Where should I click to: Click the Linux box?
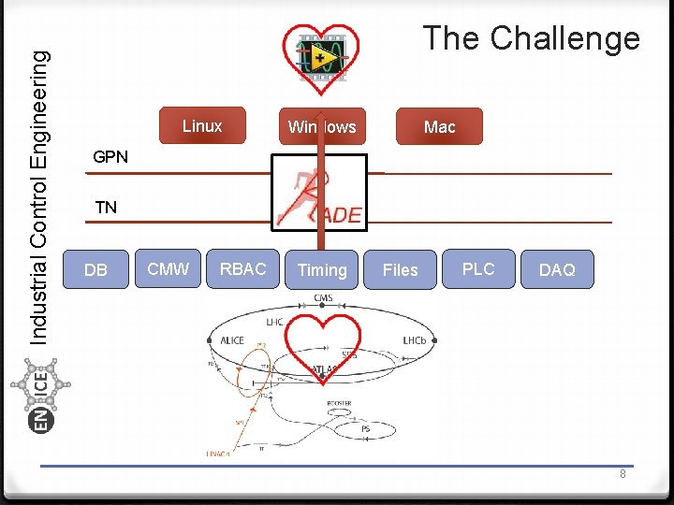pos(202,126)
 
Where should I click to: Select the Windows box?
pos(322,126)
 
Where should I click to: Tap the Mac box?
pos(439,126)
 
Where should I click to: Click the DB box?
pos(95,270)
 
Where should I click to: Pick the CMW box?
pos(168,269)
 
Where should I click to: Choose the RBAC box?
pos(242,269)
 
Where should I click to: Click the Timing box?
pos(322,270)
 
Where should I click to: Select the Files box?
pos(400,270)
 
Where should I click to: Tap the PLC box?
pos(478,269)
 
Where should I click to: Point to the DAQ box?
pos(557,270)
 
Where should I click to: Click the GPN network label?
pos(110,157)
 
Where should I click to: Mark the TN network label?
pos(106,208)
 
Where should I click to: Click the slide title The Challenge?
pos(531,38)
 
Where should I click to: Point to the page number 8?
pos(623,474)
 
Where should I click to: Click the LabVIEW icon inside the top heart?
pos(321,57)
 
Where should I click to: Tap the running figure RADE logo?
pos(319,197)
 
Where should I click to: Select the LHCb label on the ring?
pos(414,340)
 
